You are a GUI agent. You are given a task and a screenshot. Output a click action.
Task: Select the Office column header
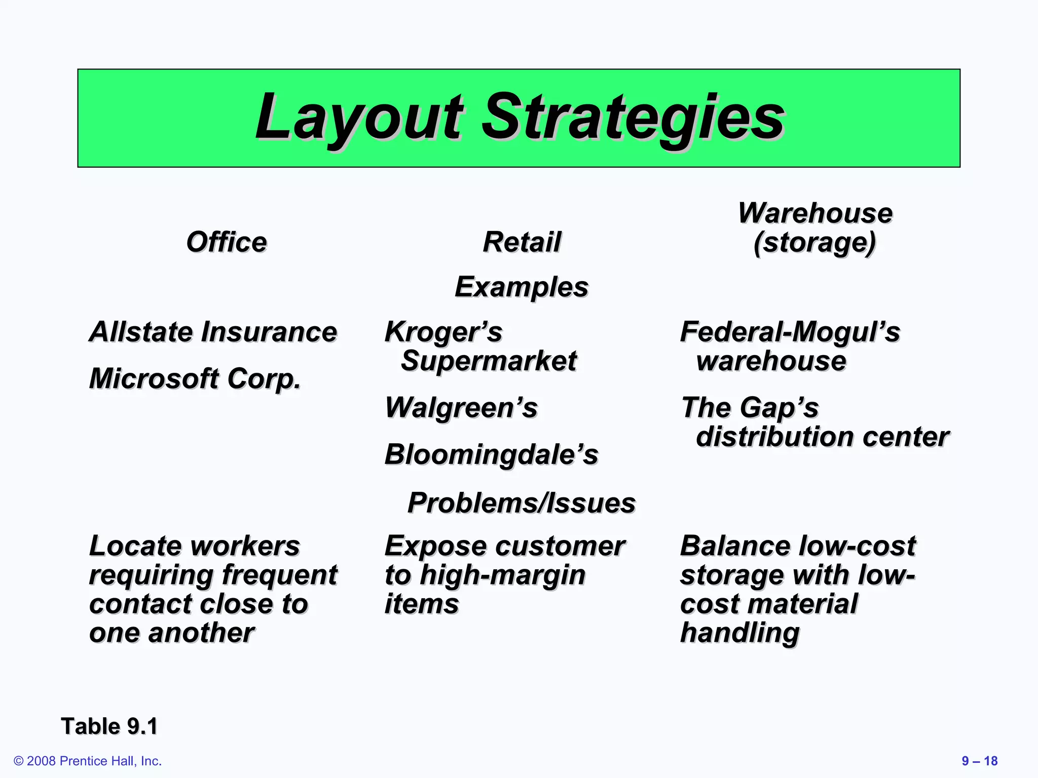coord(226,242)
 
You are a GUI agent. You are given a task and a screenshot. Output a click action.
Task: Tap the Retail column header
coord(522,242)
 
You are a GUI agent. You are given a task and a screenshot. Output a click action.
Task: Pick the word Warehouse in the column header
coord(815,213)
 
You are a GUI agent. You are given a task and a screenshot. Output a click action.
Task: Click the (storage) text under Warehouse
coord(815,243)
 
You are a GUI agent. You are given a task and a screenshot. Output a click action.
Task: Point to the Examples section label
coord(522,287)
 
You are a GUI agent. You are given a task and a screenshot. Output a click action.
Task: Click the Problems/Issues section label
coord(522,503)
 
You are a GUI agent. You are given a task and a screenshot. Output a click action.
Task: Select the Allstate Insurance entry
coord(213,332)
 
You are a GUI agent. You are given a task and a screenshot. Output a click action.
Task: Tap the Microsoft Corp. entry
coord(195,379)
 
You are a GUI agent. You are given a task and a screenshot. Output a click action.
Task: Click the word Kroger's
coord(443,332)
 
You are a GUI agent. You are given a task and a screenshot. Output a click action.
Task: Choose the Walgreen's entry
coord(461,408)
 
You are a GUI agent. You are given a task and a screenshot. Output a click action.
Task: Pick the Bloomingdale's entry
coord(491,454)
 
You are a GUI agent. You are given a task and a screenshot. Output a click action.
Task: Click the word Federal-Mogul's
coord(790,332)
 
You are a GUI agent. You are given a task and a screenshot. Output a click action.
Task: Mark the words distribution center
coord(822,437)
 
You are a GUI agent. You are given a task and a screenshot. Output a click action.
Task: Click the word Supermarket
coord(489,361)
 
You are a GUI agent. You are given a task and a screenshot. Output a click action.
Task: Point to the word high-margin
coord(503,575)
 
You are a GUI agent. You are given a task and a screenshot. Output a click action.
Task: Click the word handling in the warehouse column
coord(739,633)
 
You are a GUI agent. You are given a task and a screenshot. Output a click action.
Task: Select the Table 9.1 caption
coord(109,726)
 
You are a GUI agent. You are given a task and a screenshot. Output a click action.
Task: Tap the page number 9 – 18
coord(979,761)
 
